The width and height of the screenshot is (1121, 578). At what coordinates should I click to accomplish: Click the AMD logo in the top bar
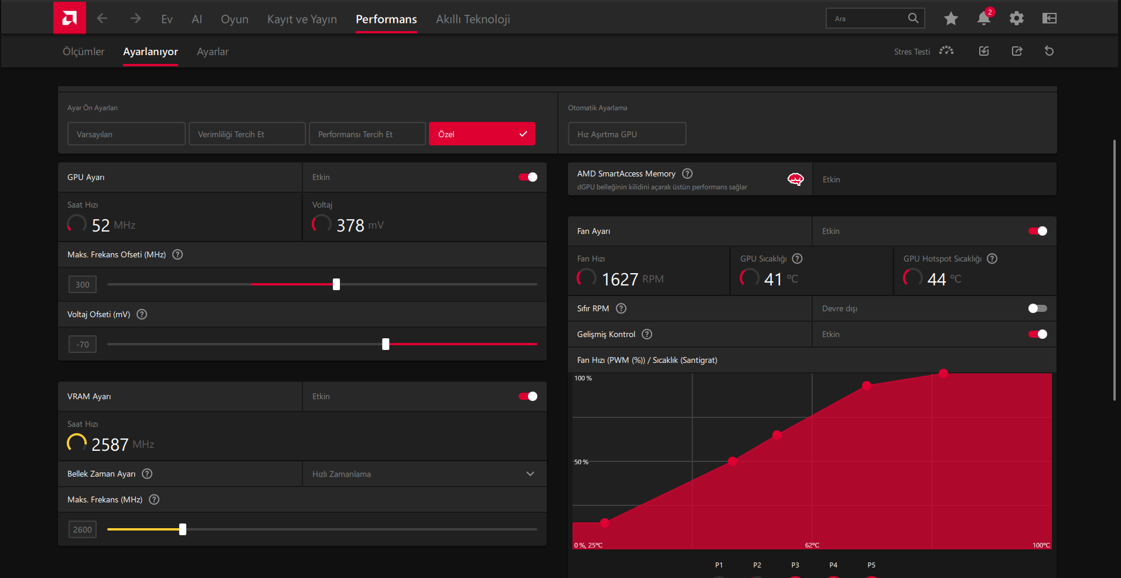tap(70, 18)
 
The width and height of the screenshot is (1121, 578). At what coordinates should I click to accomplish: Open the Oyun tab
tap(234, 19)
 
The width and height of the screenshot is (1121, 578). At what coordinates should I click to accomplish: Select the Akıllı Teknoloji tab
tap(473, 19)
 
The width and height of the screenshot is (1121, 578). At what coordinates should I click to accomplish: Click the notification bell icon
tap(984, 18)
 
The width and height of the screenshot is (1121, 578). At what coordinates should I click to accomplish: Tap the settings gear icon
tap(1017, 18)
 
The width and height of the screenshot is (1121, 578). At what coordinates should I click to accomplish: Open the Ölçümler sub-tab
tap(83, 52)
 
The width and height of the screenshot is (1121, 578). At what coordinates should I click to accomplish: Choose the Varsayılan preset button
tap(127, 134)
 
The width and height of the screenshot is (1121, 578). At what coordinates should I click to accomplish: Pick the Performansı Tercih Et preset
tap(367, 134)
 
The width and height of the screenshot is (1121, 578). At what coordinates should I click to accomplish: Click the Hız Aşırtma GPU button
tap(627, 134)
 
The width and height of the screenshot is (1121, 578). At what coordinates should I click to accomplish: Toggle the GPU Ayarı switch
tap(528, 177)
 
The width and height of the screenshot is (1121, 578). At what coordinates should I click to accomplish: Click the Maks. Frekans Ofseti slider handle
tap(336, 284)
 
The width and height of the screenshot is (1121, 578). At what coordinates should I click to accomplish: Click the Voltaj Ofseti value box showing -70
tap(83, 344)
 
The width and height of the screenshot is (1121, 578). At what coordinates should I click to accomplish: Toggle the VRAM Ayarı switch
tap(528, 396)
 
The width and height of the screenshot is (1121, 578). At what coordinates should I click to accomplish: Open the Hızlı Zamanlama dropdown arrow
tap(530, 474)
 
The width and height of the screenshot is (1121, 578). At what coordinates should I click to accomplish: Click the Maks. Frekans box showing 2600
tap(83, 529)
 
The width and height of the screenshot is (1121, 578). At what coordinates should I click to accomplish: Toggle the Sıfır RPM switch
tap(1038, 308)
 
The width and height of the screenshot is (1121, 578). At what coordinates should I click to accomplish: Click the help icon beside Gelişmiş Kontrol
tap(647, 334)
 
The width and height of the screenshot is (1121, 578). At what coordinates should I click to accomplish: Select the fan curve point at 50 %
tap(732, 461)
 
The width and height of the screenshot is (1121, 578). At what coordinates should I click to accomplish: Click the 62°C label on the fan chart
tap(812, 545)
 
